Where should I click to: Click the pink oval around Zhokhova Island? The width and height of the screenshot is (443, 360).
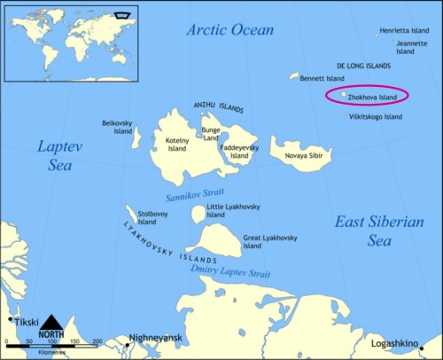pyautogui.click(x=367, y=97)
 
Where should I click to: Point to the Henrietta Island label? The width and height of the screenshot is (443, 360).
pyautogui.click(x=404, y=31)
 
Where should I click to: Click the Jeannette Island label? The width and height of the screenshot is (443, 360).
pyautogui.click(x=412, y=47)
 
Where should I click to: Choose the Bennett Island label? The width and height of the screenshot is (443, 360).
pyautogui.click(x=322, y=78)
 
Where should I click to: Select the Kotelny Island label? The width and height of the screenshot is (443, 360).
pyautogui.click(x=175, y=144)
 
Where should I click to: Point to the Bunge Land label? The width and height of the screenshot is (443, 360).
pyautogui.click(x=210, y=134)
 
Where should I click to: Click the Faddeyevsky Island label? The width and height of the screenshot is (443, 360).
pyautogui.click(x=239, y=152)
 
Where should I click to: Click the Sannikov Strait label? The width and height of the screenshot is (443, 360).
pyautogui.click(x=193, y=193)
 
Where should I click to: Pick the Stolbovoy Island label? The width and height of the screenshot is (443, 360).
pyautogui.click(x=152, y=217)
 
